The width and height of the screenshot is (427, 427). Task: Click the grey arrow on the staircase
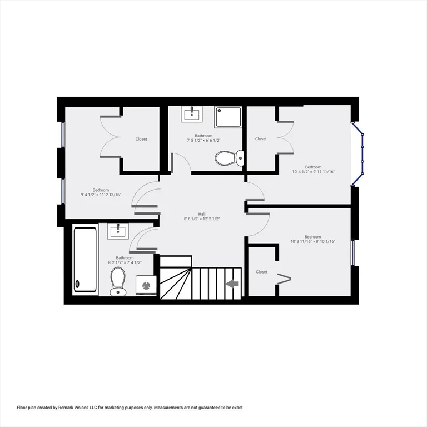(232, 284)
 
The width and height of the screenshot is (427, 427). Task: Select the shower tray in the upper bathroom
(228, 117)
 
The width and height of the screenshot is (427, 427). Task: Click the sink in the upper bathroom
(192, 115)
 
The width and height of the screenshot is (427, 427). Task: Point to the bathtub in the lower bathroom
(85, 260)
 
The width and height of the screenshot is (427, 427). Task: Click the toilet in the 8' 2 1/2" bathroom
(118, 281)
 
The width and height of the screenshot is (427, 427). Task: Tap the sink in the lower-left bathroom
(118, 231)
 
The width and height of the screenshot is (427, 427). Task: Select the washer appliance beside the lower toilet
(146, 286)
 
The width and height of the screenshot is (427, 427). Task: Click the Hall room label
(202, 214)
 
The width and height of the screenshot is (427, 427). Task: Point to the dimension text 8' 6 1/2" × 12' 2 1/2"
(202, 219)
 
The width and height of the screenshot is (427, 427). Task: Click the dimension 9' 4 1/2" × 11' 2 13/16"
(101, 195)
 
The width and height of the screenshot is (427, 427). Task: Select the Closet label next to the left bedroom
(141, 139)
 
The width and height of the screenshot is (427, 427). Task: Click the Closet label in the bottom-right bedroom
(261, 272)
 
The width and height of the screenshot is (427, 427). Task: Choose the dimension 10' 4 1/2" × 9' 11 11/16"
(313, 172)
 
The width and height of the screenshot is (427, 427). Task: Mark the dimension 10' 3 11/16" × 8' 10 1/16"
(313, 241)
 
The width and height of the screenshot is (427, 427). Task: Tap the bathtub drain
(77, 284)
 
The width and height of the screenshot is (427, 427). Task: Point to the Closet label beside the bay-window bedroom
(261, 139)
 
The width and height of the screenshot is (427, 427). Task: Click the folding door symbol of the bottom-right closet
(284, 279)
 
